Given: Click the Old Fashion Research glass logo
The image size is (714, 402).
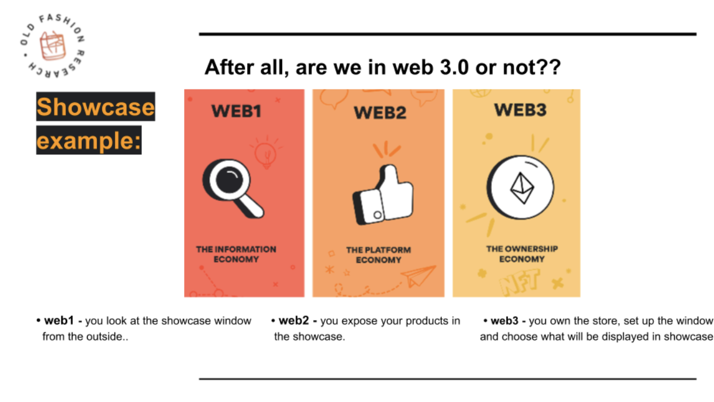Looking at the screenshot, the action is pos(52,46).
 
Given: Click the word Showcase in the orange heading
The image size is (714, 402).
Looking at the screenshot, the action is pos(96,107).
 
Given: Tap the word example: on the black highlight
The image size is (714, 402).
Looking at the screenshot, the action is pos(89,141).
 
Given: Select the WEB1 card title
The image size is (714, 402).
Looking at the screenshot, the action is pos(236,111).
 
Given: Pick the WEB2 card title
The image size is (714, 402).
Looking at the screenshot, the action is pos(380,113).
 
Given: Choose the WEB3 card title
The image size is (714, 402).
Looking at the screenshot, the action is pos(520,110).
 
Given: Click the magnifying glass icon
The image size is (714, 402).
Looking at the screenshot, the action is pos(233,188).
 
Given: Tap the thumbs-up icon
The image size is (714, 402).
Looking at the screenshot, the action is pos(383,194).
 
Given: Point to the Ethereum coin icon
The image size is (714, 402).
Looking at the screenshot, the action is pos(520,188).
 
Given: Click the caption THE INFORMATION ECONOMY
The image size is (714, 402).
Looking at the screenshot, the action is pos(236,254).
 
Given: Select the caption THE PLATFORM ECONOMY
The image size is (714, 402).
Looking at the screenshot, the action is pos(379,255).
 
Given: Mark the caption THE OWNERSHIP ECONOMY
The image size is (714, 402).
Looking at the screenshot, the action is pos(522,254).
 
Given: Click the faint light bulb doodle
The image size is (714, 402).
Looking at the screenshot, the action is pos(266,153).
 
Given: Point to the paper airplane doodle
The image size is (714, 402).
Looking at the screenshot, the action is pos(418,276).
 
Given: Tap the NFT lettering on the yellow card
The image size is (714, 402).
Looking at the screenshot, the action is pos(519,282).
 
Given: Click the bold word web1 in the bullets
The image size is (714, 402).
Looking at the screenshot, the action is pos(59,320).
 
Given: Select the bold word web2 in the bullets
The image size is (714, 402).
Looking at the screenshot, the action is pos(293,320).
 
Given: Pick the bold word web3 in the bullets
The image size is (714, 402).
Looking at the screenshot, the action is pos(505,320).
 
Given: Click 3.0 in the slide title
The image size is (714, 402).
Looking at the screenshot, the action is pos(454,67).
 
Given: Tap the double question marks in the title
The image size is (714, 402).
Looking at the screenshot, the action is pos(549,67).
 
